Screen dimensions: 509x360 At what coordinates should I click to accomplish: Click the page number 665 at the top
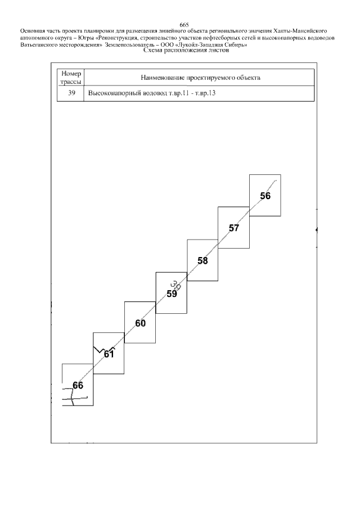point(183,24)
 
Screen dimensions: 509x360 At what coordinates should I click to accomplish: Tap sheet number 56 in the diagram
point(265,196)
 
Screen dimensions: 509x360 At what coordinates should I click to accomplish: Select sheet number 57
point(234,228)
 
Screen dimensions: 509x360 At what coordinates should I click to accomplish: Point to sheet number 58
point(202,260)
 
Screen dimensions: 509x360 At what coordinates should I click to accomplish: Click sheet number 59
point(172,293)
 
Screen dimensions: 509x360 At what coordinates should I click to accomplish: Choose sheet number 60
point(140,323)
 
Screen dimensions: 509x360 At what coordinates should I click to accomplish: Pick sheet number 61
point(109,354)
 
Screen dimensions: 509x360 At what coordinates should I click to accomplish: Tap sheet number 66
point(78,385)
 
